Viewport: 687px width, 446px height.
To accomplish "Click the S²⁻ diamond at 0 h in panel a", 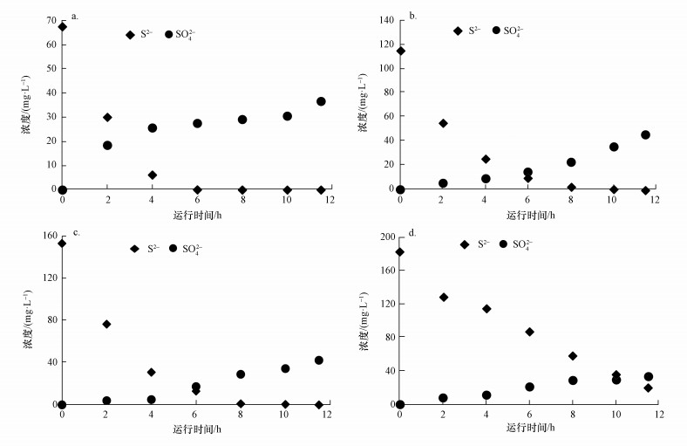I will point(62,27).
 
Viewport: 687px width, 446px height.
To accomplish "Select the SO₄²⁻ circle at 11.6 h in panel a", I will point(321,101).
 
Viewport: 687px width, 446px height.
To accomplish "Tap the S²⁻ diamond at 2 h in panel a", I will point(107,117).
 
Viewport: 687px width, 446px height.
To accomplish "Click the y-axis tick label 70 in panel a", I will point(51,20).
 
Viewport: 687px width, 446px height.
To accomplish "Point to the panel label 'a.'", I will point(76,16).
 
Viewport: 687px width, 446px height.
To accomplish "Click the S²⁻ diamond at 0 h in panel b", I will point(400,51).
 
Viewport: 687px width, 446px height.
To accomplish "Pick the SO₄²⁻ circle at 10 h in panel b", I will point(614,147).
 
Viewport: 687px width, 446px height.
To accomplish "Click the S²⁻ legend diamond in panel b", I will point(458,31).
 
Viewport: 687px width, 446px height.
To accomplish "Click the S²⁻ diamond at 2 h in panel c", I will point(106,324).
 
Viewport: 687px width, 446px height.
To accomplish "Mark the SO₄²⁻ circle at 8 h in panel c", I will point(241,374).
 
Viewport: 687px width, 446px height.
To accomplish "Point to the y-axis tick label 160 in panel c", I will point(46,237).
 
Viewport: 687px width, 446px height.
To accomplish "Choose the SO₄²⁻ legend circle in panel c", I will point(173,249).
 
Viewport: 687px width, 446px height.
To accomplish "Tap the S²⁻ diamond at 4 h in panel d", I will point(486,309).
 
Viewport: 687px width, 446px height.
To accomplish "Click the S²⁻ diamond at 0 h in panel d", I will point(400,252).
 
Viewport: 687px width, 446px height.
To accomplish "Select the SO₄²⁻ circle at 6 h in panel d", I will point(529,387).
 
